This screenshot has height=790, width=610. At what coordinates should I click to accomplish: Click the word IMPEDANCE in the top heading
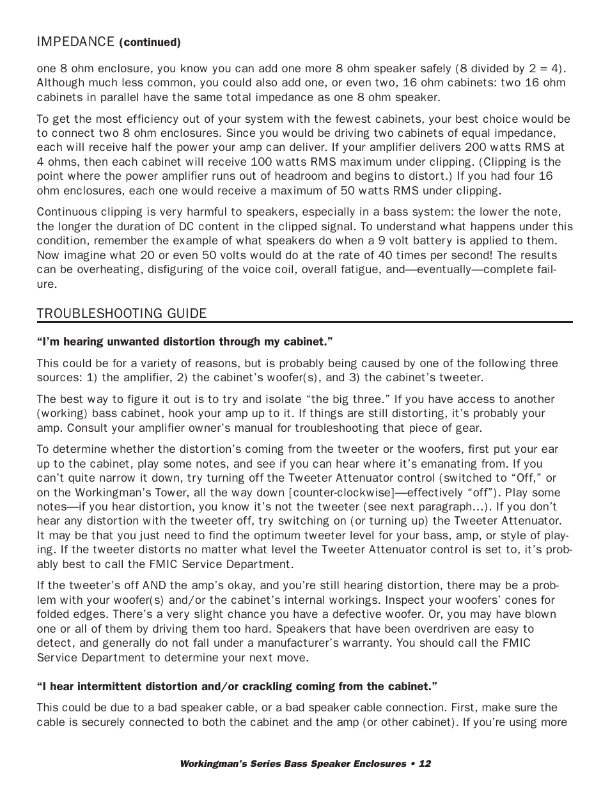(x=75, y=42)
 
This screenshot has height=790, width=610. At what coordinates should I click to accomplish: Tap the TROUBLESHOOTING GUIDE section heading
(x=121, y=313)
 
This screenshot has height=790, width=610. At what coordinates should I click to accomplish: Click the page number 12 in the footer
(x=425, y=763)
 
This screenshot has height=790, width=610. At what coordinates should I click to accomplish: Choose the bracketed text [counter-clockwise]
(x=336, y=493)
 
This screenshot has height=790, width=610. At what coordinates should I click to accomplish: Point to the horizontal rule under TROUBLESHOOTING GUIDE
(x=304, y=322)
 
